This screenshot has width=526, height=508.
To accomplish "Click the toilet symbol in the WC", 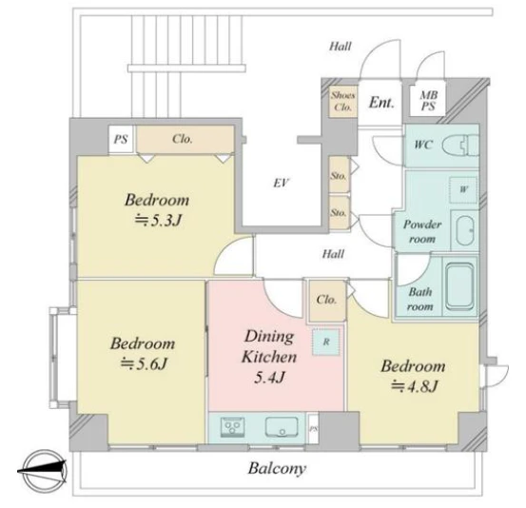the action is [x=460, y=146].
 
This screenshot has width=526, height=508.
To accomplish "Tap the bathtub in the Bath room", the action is [x=460, y=286].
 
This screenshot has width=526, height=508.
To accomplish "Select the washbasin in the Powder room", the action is [x=465, y=231].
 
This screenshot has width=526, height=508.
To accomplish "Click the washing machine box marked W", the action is [x=463, y=189].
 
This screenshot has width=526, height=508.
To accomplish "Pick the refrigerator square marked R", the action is [x=326, y=342].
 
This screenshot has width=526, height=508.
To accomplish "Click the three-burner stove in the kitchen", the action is [x=232, y=427].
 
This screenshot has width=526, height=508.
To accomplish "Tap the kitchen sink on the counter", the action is [x=282, y=427].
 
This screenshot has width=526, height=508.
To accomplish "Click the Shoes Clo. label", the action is [x=342, y=102].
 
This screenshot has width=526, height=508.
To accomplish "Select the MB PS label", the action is [x=428, y=101].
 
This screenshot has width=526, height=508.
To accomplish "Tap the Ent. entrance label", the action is [x=381, y=102].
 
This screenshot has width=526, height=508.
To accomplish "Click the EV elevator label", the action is [x=282, y=183].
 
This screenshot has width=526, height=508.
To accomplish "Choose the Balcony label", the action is [x=277, y=468].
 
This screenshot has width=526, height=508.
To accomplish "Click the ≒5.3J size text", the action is [x=158, y=220].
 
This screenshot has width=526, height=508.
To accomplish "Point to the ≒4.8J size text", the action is [x=415, y=386].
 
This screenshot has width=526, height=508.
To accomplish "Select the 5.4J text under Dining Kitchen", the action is [x=269, y=378].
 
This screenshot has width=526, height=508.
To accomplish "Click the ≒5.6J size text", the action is [x=144, y=363].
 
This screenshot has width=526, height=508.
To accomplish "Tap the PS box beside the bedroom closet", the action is [x=121, y=139].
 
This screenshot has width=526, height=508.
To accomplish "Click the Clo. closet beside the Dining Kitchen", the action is [x=326, y=300].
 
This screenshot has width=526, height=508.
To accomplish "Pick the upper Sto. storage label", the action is [x=339, y=176].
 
